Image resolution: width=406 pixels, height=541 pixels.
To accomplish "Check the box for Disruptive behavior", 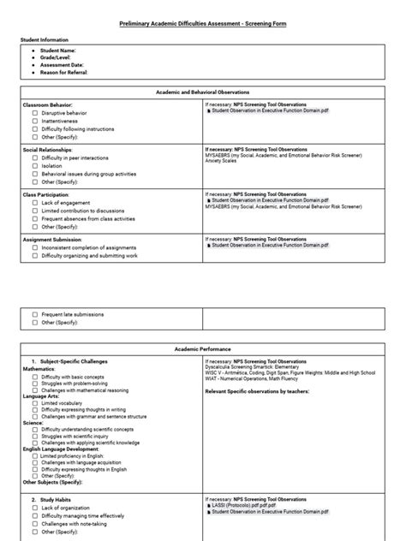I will point(35,112).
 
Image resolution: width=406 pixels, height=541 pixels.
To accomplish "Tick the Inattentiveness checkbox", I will point(35,120).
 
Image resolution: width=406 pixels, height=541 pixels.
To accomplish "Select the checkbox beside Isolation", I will point(35,165).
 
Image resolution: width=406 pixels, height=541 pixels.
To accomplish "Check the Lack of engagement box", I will point(35,203).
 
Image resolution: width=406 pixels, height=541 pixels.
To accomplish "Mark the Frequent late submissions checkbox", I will point(35,314).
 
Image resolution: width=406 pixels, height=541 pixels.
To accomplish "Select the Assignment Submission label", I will point(54,241).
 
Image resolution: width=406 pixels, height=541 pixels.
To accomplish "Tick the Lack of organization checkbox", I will point(35,508).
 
